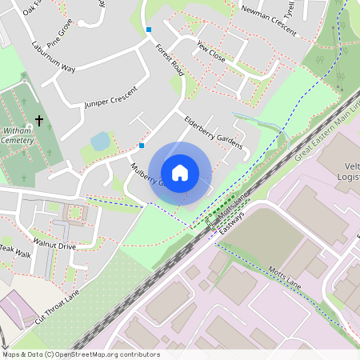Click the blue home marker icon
[180, 172]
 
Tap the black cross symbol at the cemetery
[39, 121]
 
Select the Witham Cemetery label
[18, 134]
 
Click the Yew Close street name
[211, 51]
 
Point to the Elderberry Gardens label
[212, 130]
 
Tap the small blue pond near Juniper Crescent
[101, 142]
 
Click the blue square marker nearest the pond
[142, 146]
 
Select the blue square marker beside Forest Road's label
[148, 30]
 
